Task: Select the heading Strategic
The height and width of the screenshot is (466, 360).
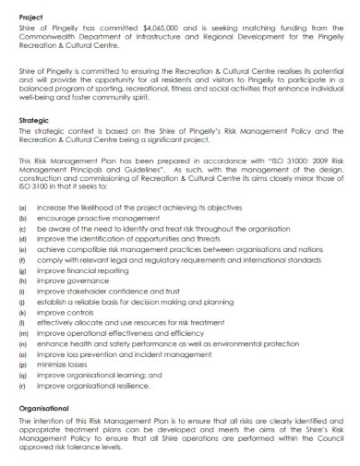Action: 34,121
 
